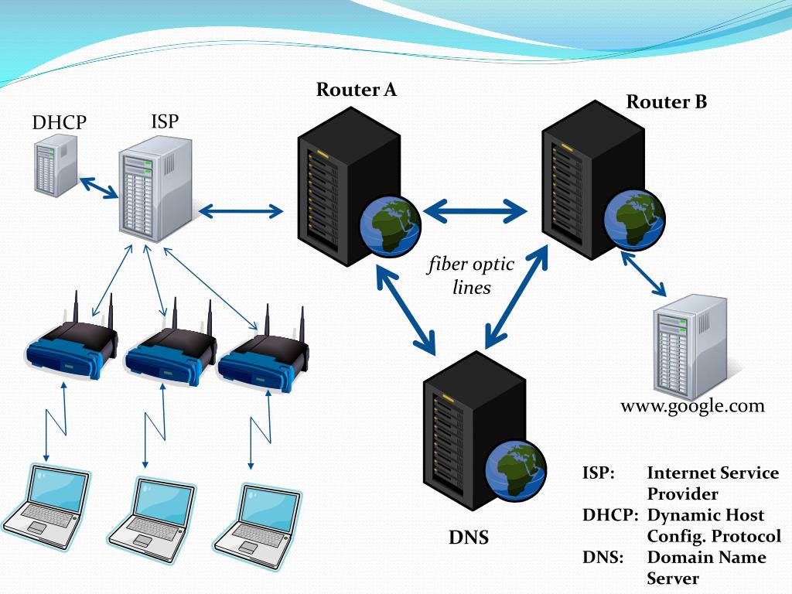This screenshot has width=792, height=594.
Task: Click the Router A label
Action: click(356, 90)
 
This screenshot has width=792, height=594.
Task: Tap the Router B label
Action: click(666, 101)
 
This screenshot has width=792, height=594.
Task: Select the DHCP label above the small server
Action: click(59, 122)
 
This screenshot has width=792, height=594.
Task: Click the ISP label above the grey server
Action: click(165, 121)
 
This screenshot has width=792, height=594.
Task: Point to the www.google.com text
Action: click(692, 406)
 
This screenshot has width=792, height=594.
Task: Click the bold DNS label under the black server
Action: click(469, 537)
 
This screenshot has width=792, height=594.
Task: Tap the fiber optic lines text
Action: click(471, 275)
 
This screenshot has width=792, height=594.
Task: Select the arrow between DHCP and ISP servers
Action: click(99, 187)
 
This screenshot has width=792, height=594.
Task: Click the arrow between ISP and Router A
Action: click(241, 211)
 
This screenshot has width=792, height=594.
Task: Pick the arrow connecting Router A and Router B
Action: click(476, 210)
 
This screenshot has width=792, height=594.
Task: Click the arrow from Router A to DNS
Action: click(405, 310)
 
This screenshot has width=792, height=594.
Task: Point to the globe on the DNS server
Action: click(516, 469)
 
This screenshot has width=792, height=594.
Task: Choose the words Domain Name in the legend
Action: click(707, 557)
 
